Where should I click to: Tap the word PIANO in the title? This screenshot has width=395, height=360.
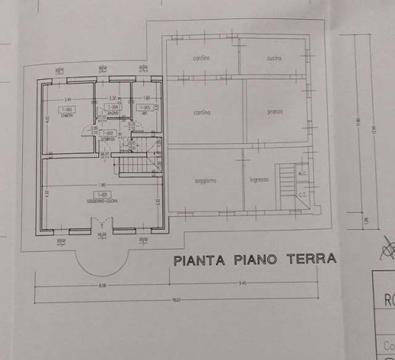click(x=252, y=260)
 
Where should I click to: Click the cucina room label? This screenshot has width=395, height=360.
click(x=276, y=58)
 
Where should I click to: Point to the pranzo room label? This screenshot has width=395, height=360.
click(x=276, y=113)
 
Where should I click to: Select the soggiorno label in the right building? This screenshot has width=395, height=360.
click(x=205, y=180)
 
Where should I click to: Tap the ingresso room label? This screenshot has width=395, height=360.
click(x=259, y=180)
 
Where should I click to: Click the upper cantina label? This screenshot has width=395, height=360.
click(x=202, y=58)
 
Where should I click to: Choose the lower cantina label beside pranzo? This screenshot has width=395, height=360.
click(x=202, y=113)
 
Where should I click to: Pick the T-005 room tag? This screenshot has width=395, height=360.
click(x=142, y=108)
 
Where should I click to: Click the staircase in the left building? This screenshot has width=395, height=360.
click(x=132, y=163)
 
